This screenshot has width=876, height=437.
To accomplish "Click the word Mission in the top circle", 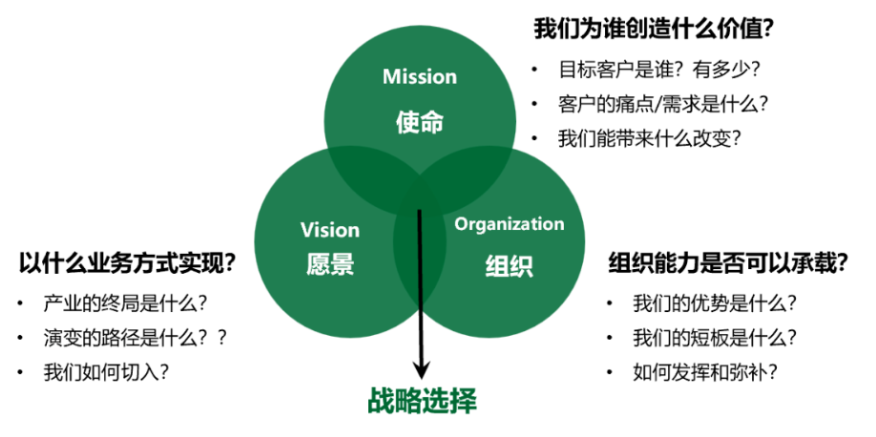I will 420,76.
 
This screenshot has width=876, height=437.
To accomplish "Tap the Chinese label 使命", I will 420,121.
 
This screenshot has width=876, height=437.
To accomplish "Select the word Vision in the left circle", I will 330,230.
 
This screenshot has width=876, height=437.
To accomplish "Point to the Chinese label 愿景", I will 330,264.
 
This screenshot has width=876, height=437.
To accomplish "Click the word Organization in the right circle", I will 510,224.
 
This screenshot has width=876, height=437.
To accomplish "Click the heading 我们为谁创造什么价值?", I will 654,29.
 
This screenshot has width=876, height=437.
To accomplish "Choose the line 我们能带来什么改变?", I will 650,136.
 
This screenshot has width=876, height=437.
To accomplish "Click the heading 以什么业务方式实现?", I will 127,262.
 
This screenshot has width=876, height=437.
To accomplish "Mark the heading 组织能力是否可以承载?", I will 728,262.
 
